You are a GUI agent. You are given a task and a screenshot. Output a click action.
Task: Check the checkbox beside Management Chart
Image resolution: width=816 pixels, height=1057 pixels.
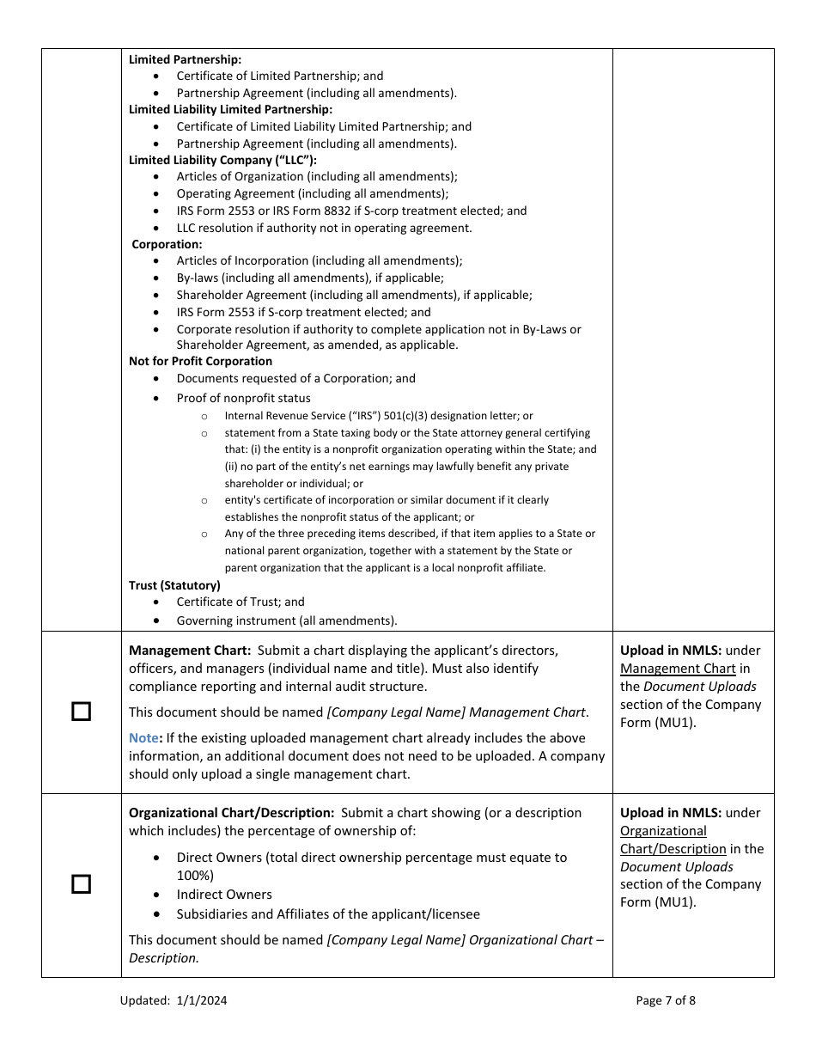[81, 712]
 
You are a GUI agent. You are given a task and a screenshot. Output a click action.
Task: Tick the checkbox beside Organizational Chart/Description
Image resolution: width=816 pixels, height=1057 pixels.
[81, 884]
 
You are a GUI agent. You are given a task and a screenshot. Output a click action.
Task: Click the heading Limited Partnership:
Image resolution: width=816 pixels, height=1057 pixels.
[185, 59]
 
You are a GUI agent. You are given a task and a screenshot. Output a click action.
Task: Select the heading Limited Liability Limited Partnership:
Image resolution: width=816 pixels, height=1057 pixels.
[230, 110]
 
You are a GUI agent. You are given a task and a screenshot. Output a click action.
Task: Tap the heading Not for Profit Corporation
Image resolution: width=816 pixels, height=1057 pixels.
[200, 362]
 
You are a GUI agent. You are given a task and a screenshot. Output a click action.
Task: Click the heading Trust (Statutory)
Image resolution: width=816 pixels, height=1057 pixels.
[174, 585]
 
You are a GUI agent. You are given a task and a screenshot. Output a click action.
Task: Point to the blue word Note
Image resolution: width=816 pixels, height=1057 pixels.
[143, 738]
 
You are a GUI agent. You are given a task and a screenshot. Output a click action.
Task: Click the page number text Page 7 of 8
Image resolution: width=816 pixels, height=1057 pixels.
[666, 1000]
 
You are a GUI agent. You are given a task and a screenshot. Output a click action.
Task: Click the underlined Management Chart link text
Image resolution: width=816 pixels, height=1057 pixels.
[678, 669]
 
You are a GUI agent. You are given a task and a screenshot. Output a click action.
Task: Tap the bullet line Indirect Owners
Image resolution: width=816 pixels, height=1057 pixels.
[224, 895]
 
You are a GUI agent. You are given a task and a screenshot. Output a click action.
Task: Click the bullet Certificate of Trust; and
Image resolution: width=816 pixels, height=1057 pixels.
[241, 602]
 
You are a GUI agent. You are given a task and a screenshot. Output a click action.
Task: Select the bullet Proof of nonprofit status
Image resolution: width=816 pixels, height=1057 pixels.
[244, 398]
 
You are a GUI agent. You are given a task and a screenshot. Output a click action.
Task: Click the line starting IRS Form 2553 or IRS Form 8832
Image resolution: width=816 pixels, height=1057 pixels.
[351, 211]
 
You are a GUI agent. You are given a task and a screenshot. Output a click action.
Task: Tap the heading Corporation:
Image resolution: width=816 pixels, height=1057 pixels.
[167, 244]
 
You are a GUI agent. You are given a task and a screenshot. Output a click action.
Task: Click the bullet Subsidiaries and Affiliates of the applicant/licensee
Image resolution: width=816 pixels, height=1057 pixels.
[328, 914]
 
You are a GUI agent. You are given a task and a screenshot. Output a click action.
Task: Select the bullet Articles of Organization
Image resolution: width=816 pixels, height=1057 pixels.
[317, 177]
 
